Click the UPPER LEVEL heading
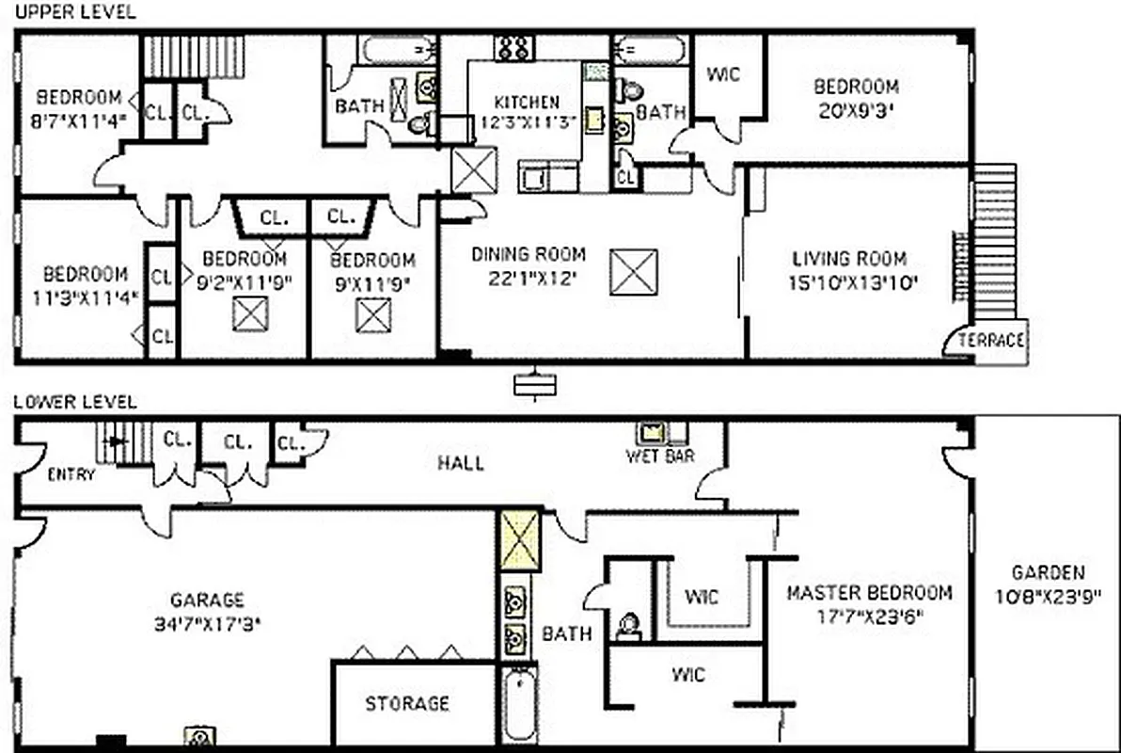74,12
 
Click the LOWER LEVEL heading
75,402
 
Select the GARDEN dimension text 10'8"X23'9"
1048,595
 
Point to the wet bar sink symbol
650,434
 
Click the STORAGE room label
407,703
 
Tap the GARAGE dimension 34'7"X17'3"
207,622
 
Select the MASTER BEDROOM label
869,593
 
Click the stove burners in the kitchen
514,47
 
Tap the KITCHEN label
527,102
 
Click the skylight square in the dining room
633,273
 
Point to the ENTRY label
71,474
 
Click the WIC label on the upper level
723,74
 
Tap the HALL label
461,462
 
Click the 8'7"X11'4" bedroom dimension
80,120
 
